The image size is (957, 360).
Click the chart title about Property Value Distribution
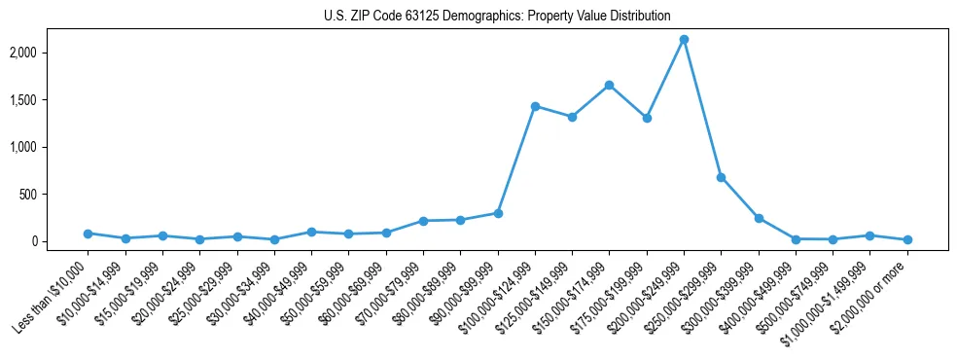tap(497, 16)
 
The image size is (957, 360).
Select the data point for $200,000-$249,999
tap(684, 39)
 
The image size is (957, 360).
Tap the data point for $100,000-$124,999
tap(535, 106)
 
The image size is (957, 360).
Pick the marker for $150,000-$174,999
tap(609, 85)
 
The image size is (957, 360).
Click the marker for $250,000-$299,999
tap(721, 177)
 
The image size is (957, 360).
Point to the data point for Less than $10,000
tap(88, 234)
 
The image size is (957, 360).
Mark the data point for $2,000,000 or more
tap(907, 239)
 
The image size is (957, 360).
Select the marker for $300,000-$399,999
tap(759, 218)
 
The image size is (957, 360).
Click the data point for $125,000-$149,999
tap(572, 117)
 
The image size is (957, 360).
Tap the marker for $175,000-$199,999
tap(647, 118)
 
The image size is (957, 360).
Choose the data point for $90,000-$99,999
tap(498, 213)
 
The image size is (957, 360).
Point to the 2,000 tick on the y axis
tap(52, 53)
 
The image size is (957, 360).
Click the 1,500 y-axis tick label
tap(52, 100)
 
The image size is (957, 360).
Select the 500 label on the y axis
tap(56, 195)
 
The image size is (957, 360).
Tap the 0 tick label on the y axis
tap(61, 241)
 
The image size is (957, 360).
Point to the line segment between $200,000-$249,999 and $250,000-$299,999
tap(702, 108)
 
